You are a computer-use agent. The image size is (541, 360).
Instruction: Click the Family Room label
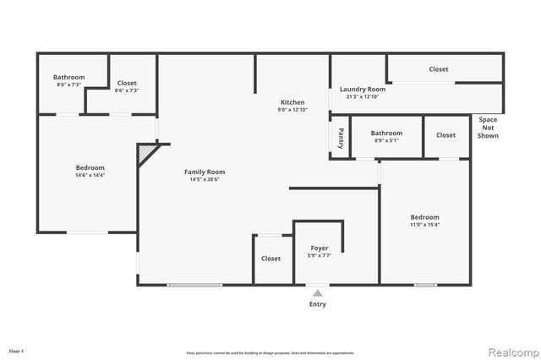coord(205,172)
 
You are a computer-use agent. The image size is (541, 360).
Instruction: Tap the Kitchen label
coord(292,102)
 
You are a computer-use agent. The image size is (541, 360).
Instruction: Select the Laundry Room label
coord(363,89)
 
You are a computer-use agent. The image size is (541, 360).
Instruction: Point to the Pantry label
coord(341,137)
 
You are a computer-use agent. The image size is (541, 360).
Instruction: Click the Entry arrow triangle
coord(317,293)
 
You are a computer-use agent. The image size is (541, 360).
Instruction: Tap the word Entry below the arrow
coord(317,304)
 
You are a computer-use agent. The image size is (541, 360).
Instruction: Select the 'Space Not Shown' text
coord(488,127)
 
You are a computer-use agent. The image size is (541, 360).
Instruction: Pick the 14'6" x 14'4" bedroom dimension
coord(90,175)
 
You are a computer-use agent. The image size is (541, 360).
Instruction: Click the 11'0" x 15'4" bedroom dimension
coord(425,224)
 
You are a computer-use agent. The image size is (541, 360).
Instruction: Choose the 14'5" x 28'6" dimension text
coord(205,179)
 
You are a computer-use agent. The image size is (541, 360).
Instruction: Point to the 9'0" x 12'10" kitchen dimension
coord(292,110)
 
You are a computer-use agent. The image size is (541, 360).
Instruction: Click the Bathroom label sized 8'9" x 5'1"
coord(386,133)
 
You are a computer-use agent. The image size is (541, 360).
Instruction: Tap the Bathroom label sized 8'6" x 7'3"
coord(69,77)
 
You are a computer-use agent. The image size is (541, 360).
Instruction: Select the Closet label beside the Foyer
coord(270,259)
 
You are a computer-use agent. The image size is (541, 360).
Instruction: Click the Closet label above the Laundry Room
coord(438,69)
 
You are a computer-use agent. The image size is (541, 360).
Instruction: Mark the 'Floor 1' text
coord(17,350)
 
